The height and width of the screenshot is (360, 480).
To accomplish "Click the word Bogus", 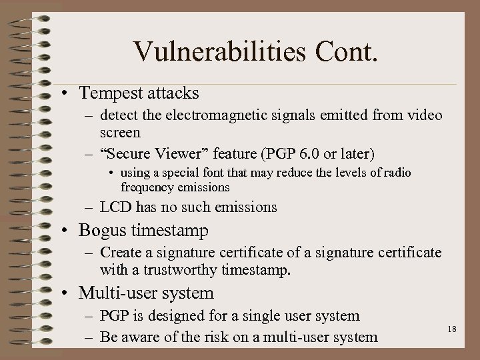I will [x=101, y=231].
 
